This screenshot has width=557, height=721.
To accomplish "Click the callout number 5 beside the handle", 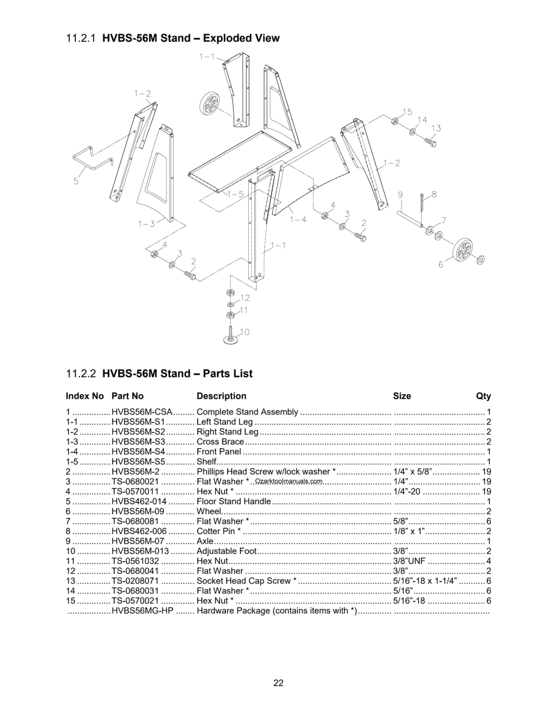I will (x=76, y=181).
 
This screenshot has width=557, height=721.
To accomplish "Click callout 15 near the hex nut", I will (x=407, y=112).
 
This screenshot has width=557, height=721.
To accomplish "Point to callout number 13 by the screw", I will (x=436, y=128).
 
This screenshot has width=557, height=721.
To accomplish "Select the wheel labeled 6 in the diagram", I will (x=463, y=249).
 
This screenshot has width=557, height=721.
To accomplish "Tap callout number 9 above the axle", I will (x=400, y=195).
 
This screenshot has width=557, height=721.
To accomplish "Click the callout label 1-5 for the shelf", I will (x=235, y=194).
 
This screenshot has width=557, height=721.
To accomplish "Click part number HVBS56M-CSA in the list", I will (x=142, y=412).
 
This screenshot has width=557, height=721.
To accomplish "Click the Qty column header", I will (x=483, y=396).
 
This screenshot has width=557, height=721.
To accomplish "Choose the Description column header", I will (x=221, y=396).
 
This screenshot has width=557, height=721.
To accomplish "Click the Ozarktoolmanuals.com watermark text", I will (x=289, y=481).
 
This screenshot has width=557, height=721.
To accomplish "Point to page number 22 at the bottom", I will (x=278, y=683).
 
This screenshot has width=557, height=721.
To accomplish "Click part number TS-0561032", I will (x=135, y=561).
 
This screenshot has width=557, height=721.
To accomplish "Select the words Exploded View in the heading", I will (x=242, y=38).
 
